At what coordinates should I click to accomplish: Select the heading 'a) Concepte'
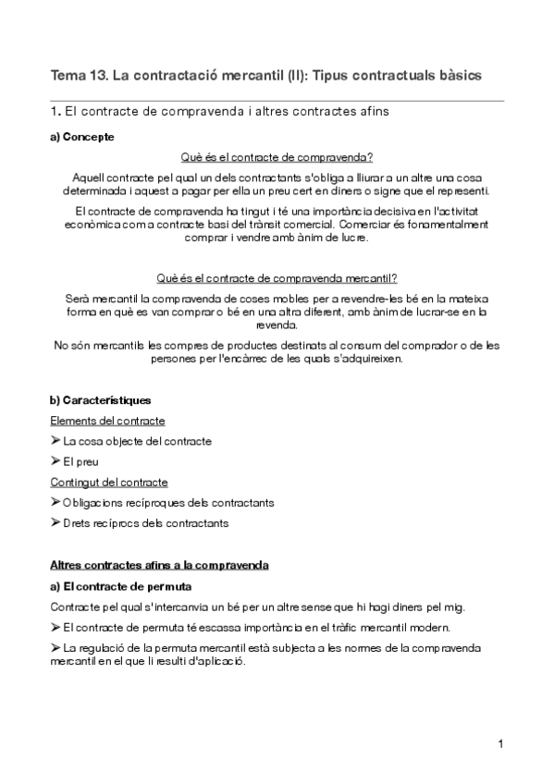81,137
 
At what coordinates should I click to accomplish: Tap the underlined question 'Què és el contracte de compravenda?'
277,157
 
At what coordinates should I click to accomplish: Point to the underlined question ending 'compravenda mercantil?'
277,278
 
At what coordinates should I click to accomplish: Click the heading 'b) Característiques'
99,400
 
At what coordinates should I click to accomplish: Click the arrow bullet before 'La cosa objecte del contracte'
55,441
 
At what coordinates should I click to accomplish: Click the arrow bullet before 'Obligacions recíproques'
55,502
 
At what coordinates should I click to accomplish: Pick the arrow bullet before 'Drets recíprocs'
55,522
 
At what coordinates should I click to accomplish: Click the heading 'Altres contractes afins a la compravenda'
158,565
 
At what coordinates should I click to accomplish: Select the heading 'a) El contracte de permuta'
121,585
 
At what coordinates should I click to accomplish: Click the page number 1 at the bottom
499,744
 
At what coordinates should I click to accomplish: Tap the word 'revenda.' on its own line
277,325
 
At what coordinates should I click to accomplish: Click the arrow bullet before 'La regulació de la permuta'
55,648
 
